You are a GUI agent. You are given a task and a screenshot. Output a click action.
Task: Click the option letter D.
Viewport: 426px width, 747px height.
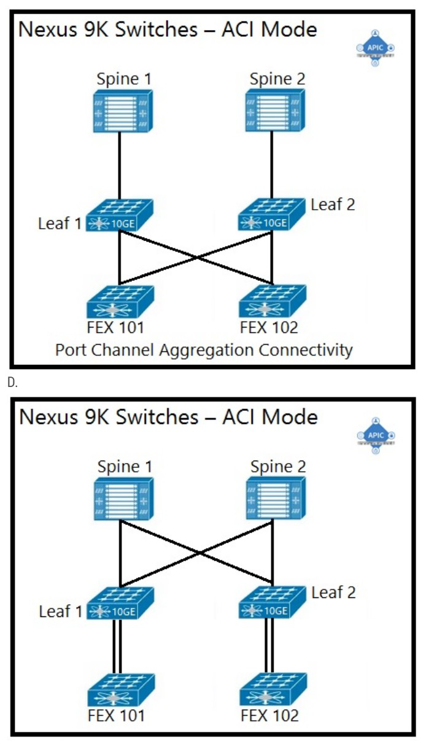tap(12, 383)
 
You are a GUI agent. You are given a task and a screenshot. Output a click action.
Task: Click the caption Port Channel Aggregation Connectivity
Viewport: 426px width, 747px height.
tap(204, 350)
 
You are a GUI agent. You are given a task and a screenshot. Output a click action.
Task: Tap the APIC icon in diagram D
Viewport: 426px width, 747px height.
tap(376, 435)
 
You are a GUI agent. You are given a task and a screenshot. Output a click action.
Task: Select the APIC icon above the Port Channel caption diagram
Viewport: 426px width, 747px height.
tap(376, 48)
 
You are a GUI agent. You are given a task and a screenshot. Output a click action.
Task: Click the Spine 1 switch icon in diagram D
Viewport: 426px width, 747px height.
tap(124, 499)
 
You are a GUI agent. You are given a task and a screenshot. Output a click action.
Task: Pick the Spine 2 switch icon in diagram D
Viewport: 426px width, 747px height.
tap(276, 498)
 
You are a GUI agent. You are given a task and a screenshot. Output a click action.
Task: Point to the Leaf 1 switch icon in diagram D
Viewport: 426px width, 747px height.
tap(120, 603)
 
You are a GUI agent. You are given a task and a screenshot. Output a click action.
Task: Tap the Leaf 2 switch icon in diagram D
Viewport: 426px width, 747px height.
tap(273, 602)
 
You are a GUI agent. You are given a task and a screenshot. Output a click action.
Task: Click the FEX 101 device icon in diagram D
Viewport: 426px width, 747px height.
tap(121, 690)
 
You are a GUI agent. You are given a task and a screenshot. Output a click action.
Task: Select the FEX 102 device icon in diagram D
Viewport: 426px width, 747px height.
tap(273, 689)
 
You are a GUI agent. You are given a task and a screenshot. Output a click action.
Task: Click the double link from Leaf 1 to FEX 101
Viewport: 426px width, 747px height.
tap(117, 646)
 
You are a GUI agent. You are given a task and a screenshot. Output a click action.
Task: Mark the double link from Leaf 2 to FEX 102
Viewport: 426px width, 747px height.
tap(269, 646)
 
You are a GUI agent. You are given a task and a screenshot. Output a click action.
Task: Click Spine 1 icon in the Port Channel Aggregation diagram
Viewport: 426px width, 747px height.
tap(123, 112)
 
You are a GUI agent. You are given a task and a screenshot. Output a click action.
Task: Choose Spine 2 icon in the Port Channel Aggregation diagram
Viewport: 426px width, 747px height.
tap(275, 110)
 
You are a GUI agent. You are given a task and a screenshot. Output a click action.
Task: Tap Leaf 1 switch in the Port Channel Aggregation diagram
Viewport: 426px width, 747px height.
tap(120, 215)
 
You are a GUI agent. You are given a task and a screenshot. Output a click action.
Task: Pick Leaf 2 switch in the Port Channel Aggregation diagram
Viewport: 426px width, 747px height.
tap(272, 215)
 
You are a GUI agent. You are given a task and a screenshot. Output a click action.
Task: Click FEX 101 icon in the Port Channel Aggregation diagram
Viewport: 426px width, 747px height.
tap(120, 302)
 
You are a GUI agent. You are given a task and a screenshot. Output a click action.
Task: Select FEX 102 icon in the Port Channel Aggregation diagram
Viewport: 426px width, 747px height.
tap(273, 301)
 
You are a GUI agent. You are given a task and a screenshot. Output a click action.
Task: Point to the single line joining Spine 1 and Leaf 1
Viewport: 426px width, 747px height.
tap(120, 166)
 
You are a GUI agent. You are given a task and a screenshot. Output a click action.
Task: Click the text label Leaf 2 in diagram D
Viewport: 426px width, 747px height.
tap(333, 592)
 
